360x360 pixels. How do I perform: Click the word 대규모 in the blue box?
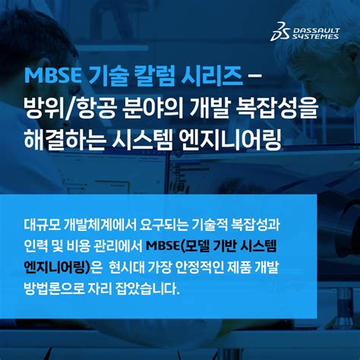(43, 226)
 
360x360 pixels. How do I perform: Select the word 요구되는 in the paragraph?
(159, 226)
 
